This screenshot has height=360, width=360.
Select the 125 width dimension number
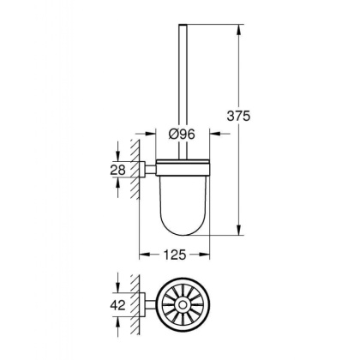176,255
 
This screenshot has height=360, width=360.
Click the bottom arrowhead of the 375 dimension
237,232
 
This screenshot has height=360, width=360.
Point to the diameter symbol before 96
172,135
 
